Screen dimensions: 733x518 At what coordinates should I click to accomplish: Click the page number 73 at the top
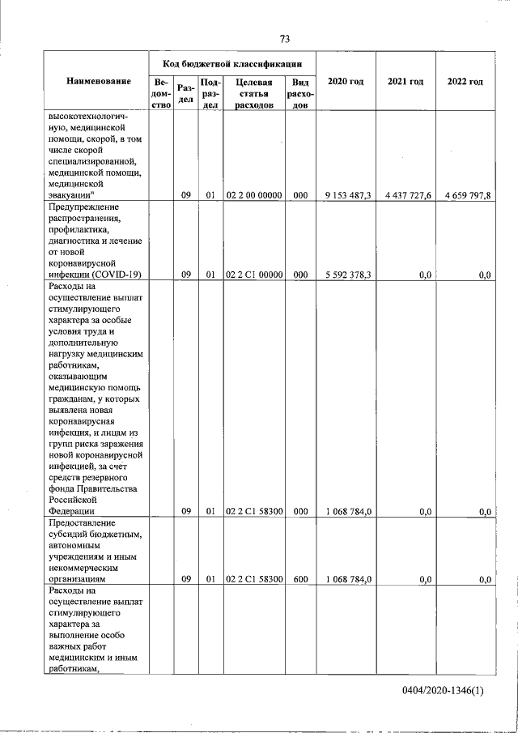[284, 39]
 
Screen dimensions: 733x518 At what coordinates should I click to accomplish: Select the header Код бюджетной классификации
[232, 62]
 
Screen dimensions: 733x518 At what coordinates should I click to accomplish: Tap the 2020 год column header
[345, 82]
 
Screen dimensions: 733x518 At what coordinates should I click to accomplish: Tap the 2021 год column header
[405, 82]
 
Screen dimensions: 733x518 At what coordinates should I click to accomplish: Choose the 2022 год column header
[465, 82]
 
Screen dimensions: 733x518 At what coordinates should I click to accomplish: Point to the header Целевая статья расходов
[253, 94]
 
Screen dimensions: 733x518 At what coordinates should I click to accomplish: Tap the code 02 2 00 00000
[253, 194]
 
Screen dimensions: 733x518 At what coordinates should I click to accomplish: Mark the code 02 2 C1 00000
[253, 275]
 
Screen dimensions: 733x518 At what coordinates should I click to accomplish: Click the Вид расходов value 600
[300, 579]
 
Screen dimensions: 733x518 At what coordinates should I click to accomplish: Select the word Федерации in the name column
[72, 512]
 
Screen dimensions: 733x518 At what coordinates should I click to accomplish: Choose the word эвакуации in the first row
[71, 194]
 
